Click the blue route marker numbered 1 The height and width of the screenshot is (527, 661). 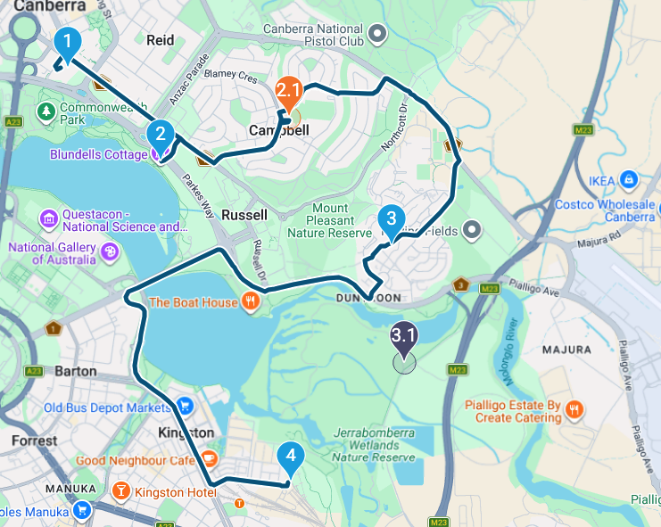pyautogui.click(x=68, y=41)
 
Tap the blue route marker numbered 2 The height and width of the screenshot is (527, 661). pyautogui.click(x=161, y=135)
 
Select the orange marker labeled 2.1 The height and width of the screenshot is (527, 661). pyautogui.click(x=289, y=92)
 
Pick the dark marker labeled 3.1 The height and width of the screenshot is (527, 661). pyautogui.click(x=404, y=337)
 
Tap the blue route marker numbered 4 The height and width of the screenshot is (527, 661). pyautogui.click(x=289, y=457)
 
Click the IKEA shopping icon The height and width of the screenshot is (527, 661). pyautogui.click(x=630, y=179)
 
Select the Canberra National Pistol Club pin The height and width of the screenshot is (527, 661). pyautogui.click(x=377, y=35)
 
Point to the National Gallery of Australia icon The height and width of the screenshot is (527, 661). pyautogui.click(x=109, y=251)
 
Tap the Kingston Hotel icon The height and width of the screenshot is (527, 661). pyautogui.click(x=121, y=491)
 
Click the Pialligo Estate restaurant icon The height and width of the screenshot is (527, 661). pyautogui.click(x=575, y=409)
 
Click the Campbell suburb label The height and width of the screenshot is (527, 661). pyautogui.click(x=278, y=130)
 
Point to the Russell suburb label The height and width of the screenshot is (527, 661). pyautogui.click(x=244, y=215)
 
